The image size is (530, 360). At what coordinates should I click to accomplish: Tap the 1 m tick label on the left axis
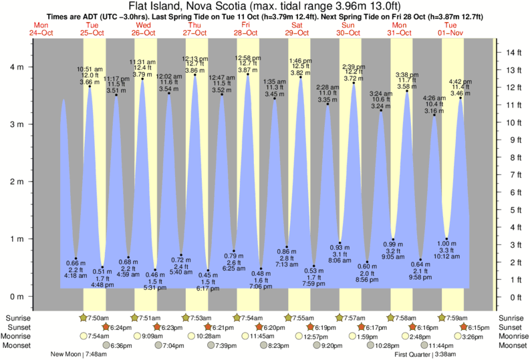(17, 239)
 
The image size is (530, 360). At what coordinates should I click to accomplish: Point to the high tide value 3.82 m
(300, 72)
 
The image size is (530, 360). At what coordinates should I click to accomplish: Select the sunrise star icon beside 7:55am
(289, 317)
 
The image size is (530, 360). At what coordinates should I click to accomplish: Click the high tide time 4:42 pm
(459, 82)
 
